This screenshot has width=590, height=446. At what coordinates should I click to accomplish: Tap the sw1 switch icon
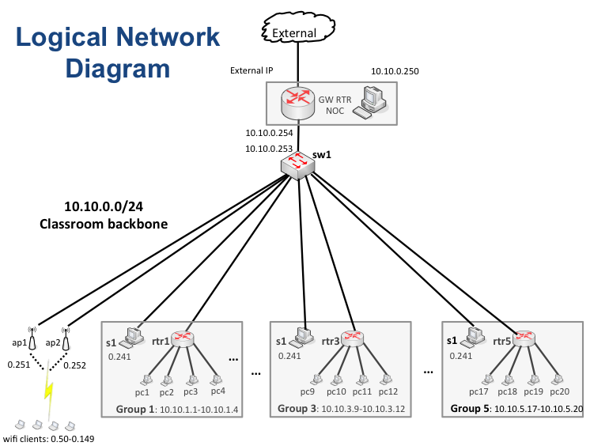(297, 164)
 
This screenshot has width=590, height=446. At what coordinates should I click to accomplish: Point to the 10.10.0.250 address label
(395, 71)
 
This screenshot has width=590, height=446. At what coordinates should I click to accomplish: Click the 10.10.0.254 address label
(269, 133)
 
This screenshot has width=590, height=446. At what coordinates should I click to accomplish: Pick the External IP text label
(251, 71)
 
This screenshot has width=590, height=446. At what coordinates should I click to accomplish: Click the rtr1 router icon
(183, 339)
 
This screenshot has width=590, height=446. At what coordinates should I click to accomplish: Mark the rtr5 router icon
(524, 339)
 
